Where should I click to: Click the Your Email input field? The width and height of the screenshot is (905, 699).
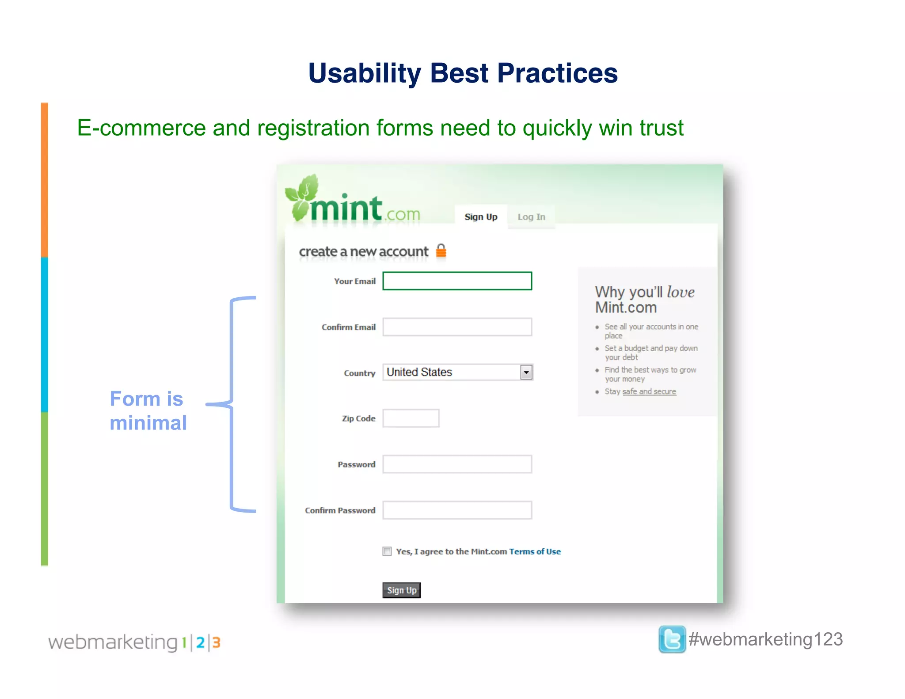(x=457, y=281)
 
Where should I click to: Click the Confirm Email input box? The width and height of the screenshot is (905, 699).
(x=457, y=327)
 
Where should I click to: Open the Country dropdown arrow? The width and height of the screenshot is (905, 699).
(x=526, y=372)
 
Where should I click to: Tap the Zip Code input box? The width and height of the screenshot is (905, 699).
(x=411, y=418)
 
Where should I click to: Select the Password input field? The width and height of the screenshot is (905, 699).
(x=457, y=464)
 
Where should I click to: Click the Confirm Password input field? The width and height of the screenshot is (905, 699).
(x=457, y=510)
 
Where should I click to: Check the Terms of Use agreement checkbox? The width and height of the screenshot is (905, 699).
(x=387, y=551)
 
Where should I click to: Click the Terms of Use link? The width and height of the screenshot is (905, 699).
(x=535, y=551)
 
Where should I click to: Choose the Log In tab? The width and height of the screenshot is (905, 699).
(x=531, y=217)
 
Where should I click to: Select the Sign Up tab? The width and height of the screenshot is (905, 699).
(x=481, y=217)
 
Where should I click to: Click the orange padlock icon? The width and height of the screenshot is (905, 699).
(x=441, y=251)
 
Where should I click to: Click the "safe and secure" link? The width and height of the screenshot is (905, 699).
(x=649, y=391)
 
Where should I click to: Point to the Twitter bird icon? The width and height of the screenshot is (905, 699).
(x=672, y=639)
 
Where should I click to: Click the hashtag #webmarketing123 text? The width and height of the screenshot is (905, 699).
(x=766, y=639)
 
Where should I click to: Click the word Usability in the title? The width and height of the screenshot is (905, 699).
(x=365, y=73)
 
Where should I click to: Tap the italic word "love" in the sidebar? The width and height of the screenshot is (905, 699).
(x=681, y=292)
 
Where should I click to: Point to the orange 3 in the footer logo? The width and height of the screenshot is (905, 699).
(x=216, y=642)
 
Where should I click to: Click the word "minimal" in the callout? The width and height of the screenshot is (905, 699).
(x=148, y=423)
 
